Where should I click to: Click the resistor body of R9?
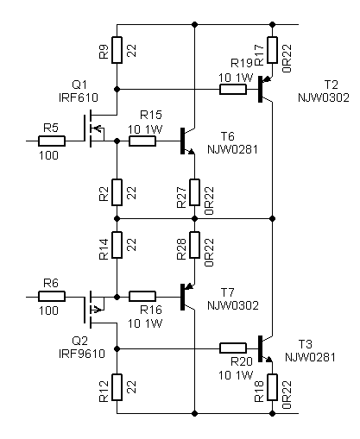(117, 50)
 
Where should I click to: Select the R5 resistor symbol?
(52, 141)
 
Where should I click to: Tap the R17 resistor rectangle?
(272, 50)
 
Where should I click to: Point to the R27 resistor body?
(194, 192)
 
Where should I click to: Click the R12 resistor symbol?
(117, 387)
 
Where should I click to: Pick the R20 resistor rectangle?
(233, 348)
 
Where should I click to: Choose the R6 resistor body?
(52, 296)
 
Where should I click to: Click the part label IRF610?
(79, 97)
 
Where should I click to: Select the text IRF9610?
(82, 354)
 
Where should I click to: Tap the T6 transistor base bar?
(182, 141)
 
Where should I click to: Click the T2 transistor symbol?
(266, 89)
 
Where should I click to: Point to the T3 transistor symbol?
(266, 348)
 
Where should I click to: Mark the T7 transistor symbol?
(188, 297)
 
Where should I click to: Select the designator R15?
(151, 115)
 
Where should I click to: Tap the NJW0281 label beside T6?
(232, 149)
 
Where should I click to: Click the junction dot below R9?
(117, 90)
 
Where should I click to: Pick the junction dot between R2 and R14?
(117, 219)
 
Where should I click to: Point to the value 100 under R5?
(48, 155)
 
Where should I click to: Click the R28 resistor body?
(194, 245)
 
